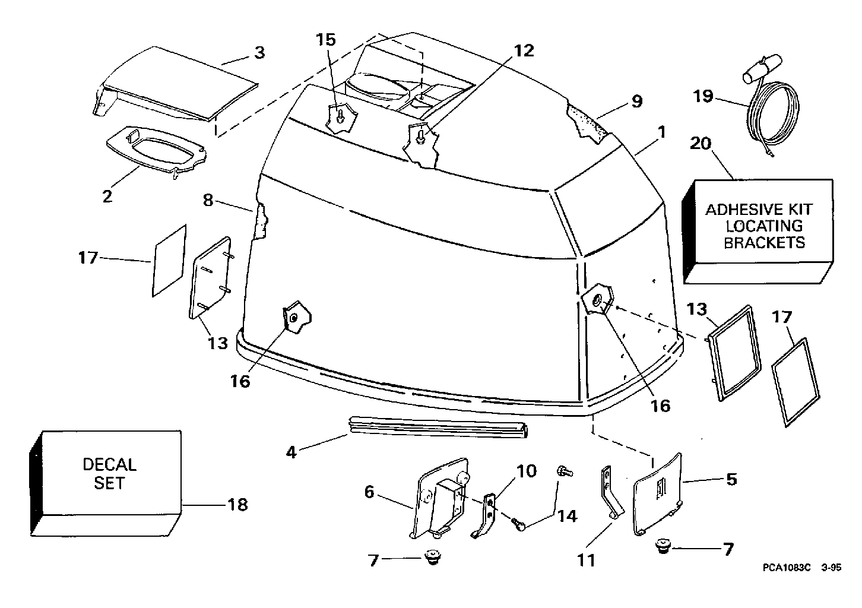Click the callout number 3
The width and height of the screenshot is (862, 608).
pos(260,53)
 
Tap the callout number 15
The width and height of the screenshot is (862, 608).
pos(326,40)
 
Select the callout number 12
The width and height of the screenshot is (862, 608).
pos(524,51)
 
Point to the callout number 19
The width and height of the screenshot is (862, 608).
pos(703,96)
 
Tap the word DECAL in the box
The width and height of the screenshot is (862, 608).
pos(110,464)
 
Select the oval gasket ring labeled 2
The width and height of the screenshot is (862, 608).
pos(156,151)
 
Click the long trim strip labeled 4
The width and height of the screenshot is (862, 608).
pos(438,427)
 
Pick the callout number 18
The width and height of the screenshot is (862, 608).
pos(238,505)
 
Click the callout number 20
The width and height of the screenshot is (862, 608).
pos(701,144)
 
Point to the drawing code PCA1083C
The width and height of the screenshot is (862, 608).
pos(787,568)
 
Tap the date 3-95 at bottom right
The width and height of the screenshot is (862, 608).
pos(831,568)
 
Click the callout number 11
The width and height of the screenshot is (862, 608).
pos(586,560)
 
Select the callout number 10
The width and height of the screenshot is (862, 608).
pos(527,471)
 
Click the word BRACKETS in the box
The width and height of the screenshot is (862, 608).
pos(764,243)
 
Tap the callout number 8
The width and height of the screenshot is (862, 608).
pos(208,200)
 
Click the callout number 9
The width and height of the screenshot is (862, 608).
pos(637,102)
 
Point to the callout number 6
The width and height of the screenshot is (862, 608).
pos(369,492)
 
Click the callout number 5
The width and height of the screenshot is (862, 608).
pos(731,480)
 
